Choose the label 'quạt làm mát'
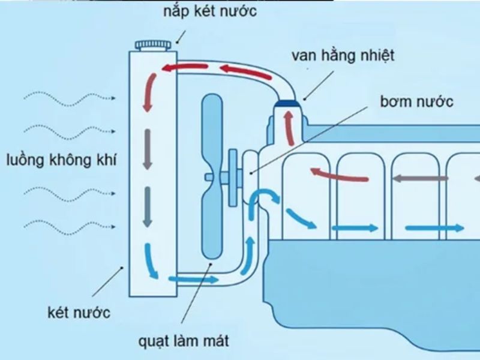pyautogui.click(x=184, y=342)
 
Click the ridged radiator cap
pyautogui.click(x=154, y=44)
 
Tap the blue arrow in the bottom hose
pyautogui.click(x=193, y=279)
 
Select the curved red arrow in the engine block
pyautogui.click(x=339, y=175)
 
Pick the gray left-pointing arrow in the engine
pyautogui.click(x=420, y=178)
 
